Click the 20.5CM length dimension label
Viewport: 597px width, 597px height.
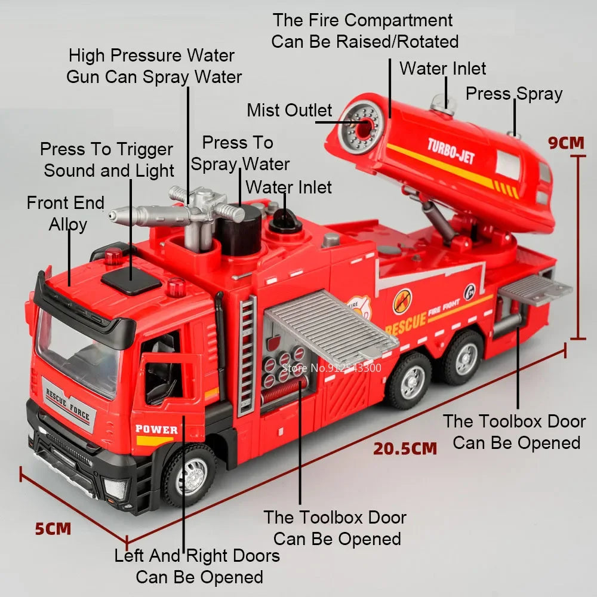point(405,448)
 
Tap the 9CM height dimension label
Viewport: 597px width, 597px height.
point(566,142)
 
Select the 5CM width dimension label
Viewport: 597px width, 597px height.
point(53,529)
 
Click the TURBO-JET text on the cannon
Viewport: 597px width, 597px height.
point(451,150)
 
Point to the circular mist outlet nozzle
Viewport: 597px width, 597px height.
point(360,126)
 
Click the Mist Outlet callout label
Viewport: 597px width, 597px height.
point(290,110)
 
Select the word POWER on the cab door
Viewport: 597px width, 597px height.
point(156,429)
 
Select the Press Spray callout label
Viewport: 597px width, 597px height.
point(513,94)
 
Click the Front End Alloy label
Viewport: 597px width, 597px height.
point(66,214)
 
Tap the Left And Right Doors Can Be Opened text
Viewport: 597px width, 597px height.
point(198,567)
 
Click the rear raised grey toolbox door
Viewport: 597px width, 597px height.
point(535,290)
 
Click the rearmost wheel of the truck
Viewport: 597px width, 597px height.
point(463,358)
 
